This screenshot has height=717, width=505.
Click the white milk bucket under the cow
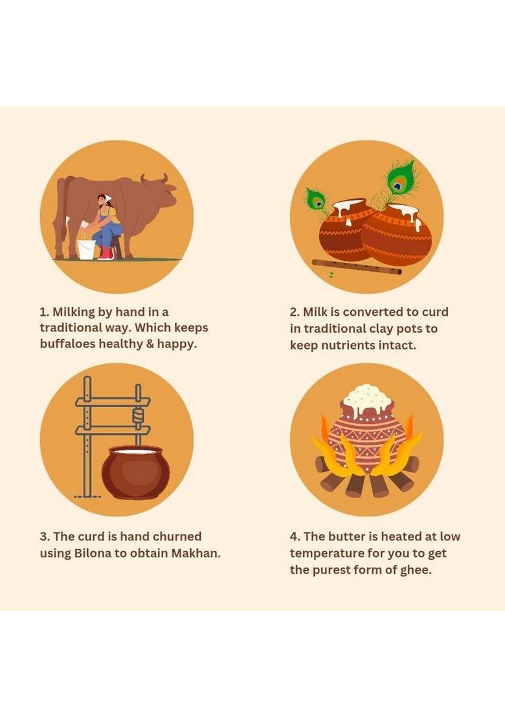click(86, 250)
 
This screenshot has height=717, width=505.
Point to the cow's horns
click(154, 179)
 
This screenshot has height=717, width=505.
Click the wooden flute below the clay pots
click(357, 267)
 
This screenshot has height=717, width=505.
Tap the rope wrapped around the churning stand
click(138, 415)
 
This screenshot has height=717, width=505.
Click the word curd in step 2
click(435, 312)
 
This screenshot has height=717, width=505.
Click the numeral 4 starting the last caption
click(294, 537)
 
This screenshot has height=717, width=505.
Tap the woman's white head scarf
click(107, 197)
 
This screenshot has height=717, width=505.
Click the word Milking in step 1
click(73, 313)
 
